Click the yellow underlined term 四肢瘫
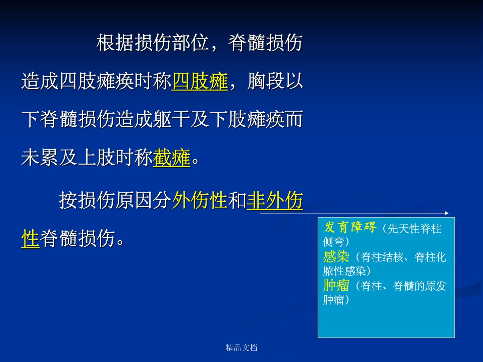click(200, 81)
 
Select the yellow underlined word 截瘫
click(171, 158)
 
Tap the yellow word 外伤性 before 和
click(200, 200)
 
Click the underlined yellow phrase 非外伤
click(275, 200)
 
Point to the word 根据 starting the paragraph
click(115, 43)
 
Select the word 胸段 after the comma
click(266, 81)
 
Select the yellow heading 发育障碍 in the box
click(350, 228)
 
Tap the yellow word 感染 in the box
click(336, 257)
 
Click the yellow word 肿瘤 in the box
click(336, 286)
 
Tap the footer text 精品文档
click(241, 348)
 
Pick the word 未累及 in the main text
click(49, 158)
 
